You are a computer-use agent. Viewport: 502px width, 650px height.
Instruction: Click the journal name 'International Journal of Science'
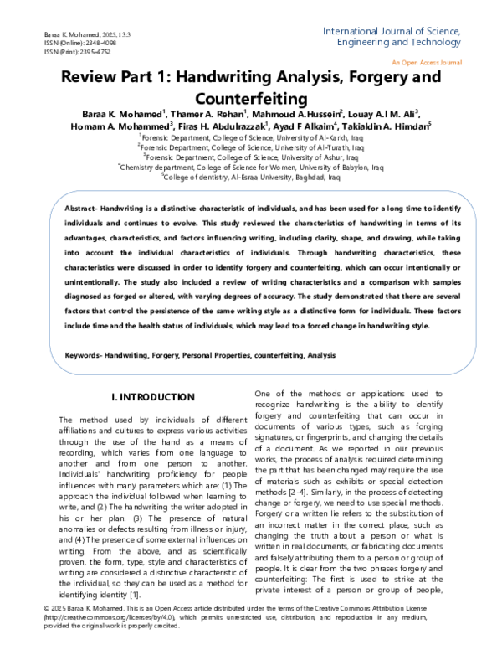pos(391,30)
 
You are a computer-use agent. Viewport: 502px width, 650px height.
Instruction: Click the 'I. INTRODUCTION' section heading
pos(152,395)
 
